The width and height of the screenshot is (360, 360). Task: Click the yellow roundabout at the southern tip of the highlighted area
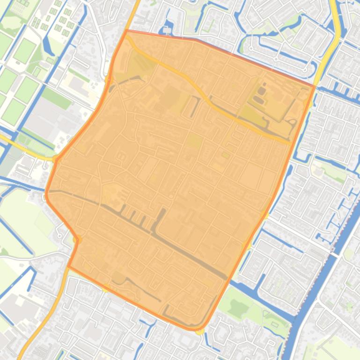tap(200, 331)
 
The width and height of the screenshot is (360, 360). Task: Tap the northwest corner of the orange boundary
tap(126, 30)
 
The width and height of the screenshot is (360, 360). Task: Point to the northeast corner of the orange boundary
tap(315, 86)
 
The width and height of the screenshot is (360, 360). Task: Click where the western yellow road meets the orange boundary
tap(56, 159)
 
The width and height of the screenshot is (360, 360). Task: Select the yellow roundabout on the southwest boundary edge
tap(78, 240)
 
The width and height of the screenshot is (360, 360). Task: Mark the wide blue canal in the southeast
tap(318, 281)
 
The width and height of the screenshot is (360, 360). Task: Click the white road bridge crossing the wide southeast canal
tap(335, 255)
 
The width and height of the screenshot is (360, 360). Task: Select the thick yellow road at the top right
tap(335, 28)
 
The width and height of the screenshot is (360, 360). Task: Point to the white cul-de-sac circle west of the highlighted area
tap(61, 229)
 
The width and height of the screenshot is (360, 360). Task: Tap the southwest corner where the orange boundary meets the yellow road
tap(68, 266)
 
